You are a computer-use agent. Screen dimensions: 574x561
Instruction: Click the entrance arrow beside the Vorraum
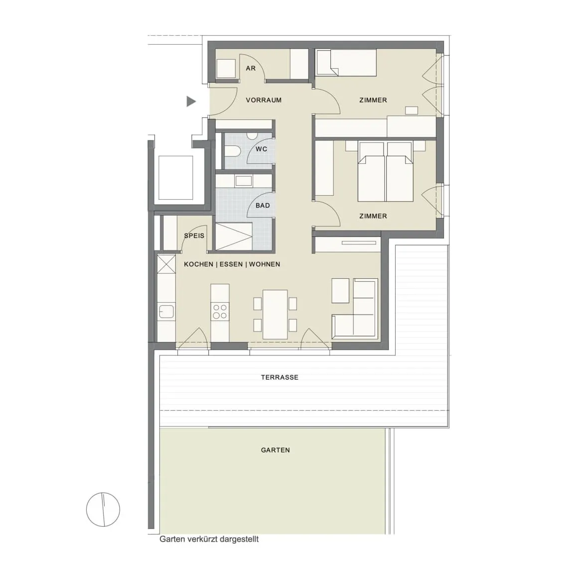tap(191, 102)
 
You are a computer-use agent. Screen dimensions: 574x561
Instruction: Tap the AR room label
tap(251, 68)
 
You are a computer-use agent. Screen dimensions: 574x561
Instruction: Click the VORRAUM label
tap(264, 100)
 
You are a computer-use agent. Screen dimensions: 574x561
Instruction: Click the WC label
tap(262, 149)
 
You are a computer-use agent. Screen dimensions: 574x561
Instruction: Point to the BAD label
tap(263, 206)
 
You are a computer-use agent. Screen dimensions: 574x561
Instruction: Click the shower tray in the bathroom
tap(234, 236)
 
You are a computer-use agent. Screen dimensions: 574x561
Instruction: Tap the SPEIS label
tap(194, 236)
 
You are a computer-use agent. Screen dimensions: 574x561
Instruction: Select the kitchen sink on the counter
tap(166, 311)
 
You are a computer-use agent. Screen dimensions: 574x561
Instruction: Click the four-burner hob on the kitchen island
tap(220, 312)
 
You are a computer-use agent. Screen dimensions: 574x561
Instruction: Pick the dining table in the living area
tap(275, 315)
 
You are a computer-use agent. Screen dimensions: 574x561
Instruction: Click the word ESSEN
tap(231, 264)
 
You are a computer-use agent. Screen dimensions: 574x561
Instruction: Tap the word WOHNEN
tap(265, 264)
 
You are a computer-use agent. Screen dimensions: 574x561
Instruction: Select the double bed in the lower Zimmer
tap(386, 172)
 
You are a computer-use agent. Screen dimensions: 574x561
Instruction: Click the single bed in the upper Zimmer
tap(346, 63)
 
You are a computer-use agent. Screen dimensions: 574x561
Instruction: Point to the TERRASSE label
tap(280, 377)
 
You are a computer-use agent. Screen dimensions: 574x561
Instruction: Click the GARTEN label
tap(275, 450)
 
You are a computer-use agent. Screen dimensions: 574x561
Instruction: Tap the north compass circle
tap(103, 509)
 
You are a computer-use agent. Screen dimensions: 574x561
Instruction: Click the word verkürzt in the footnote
tap(201, 539)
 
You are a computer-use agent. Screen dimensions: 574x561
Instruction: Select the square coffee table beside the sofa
tap(340, 291)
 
